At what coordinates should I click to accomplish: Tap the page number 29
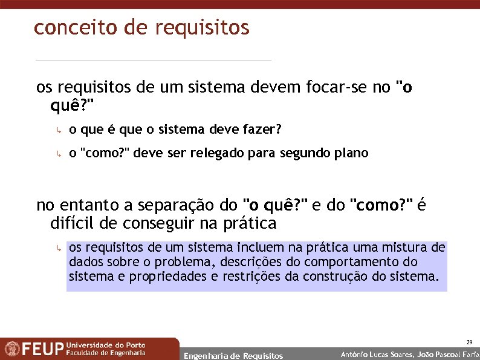(470, 342)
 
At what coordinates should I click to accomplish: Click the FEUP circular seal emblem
(11, 349)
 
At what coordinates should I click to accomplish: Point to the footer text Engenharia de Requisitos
(233, 356)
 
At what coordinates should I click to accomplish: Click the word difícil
(73, 224)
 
